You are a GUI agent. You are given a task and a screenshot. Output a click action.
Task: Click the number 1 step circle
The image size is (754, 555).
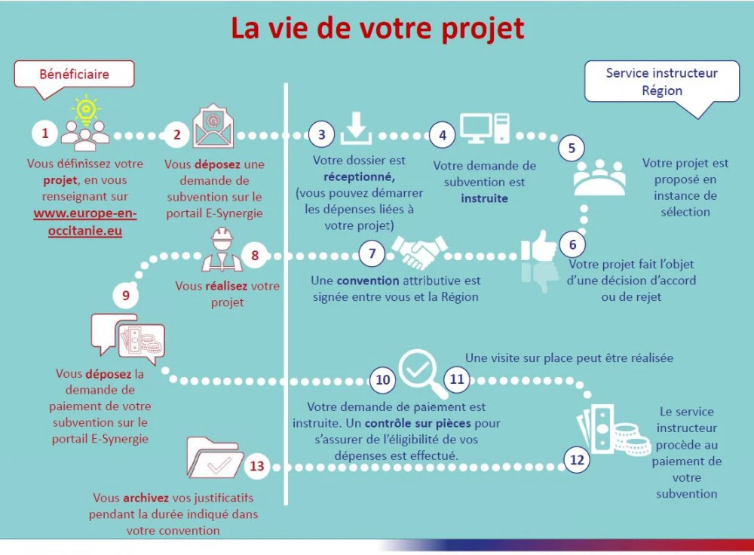point(45,133)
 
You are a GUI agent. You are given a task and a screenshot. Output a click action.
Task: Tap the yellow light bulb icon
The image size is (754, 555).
point(86,109)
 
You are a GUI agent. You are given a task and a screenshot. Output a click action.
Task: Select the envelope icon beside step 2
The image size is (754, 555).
point(213,126)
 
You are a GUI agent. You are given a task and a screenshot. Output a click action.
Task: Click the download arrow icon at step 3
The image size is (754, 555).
point(356,128)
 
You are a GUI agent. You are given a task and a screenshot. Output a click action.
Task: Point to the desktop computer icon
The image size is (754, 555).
point(485,128)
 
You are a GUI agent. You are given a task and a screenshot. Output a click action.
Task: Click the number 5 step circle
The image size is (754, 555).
point(572,148)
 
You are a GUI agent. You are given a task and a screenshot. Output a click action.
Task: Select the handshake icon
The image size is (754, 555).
point(419,251)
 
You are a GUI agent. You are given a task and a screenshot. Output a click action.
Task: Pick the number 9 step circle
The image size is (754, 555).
point(125,295)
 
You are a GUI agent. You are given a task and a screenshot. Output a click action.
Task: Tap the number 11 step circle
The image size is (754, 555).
point(456,379)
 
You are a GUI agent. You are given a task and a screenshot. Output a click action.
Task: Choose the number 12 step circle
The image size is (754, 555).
point(577,460)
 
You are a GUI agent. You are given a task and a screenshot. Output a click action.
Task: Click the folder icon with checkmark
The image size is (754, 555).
point(214,458)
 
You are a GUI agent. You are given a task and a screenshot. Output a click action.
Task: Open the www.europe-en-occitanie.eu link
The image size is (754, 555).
point(85,222)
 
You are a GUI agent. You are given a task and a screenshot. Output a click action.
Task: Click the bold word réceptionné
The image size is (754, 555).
point(359,177)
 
